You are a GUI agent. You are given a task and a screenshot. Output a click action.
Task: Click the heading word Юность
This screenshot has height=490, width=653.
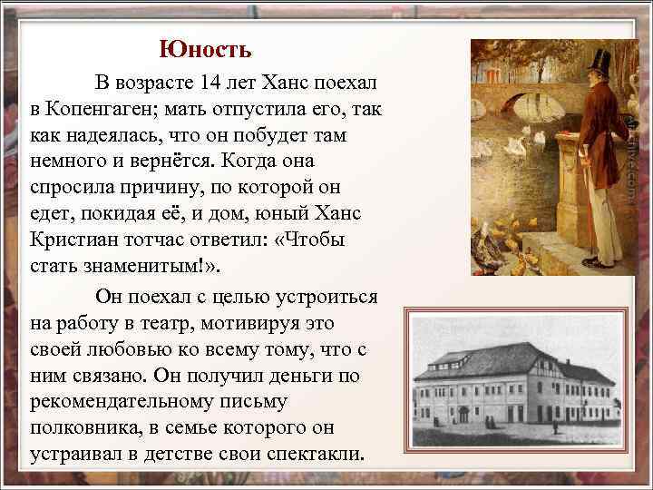[x=205, y=48]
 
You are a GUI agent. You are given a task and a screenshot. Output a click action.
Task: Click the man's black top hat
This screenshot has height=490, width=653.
[x=597, y=64]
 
